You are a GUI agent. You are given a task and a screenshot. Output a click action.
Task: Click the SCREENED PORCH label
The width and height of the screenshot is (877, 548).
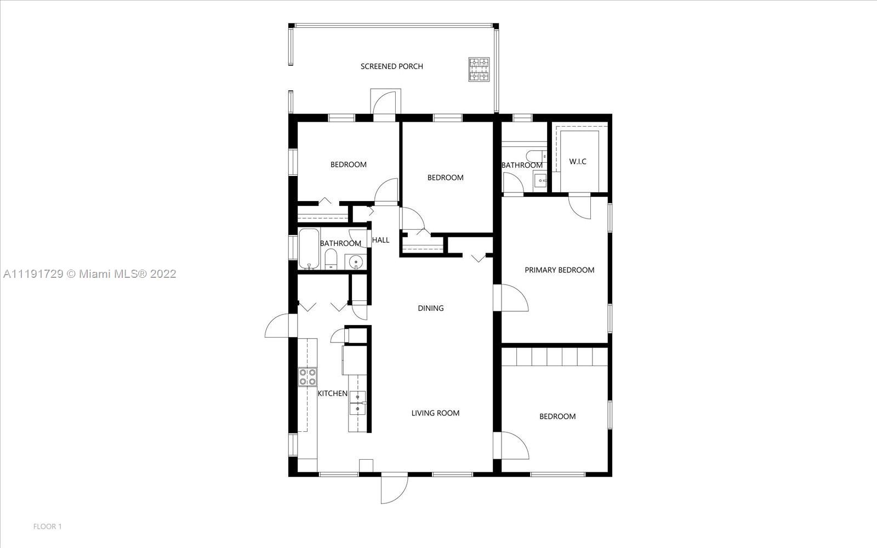(x=391, y=66)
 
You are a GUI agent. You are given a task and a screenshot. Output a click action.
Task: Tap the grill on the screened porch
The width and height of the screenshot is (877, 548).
(x=479, y=69)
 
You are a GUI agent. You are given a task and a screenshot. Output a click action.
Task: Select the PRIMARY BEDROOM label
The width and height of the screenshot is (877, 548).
(x=559, y=270)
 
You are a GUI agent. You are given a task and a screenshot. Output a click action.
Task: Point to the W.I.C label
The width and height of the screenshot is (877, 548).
(x=578, y=161)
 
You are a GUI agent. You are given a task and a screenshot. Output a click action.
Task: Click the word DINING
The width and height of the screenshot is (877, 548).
(x=431, y=309)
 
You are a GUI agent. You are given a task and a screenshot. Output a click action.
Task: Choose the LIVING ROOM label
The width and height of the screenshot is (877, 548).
(x=435, y=413)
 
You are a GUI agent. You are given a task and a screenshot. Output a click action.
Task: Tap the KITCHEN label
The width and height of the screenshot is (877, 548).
(x=332, y=393)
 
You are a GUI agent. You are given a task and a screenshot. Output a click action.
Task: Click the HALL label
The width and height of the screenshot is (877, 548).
(x=380, y=240)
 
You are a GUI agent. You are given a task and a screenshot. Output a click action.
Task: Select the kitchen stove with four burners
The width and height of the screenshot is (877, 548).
(x=307, y=376)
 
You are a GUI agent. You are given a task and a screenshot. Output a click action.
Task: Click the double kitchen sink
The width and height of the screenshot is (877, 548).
(x=357, y=403)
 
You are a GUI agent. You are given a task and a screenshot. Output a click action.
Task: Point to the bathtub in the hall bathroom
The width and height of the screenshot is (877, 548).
(x=309, y=249)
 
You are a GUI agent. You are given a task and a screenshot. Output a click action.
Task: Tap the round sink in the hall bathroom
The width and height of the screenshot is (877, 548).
(x=356, y=262)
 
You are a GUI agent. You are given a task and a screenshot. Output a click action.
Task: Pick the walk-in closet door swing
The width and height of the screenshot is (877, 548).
(x=579, y=206)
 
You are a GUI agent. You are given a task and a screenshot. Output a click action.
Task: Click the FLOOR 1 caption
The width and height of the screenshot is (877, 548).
(x=47, y=527)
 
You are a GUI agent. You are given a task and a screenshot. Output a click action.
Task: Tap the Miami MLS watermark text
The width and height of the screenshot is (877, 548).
(x=90, y=274)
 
